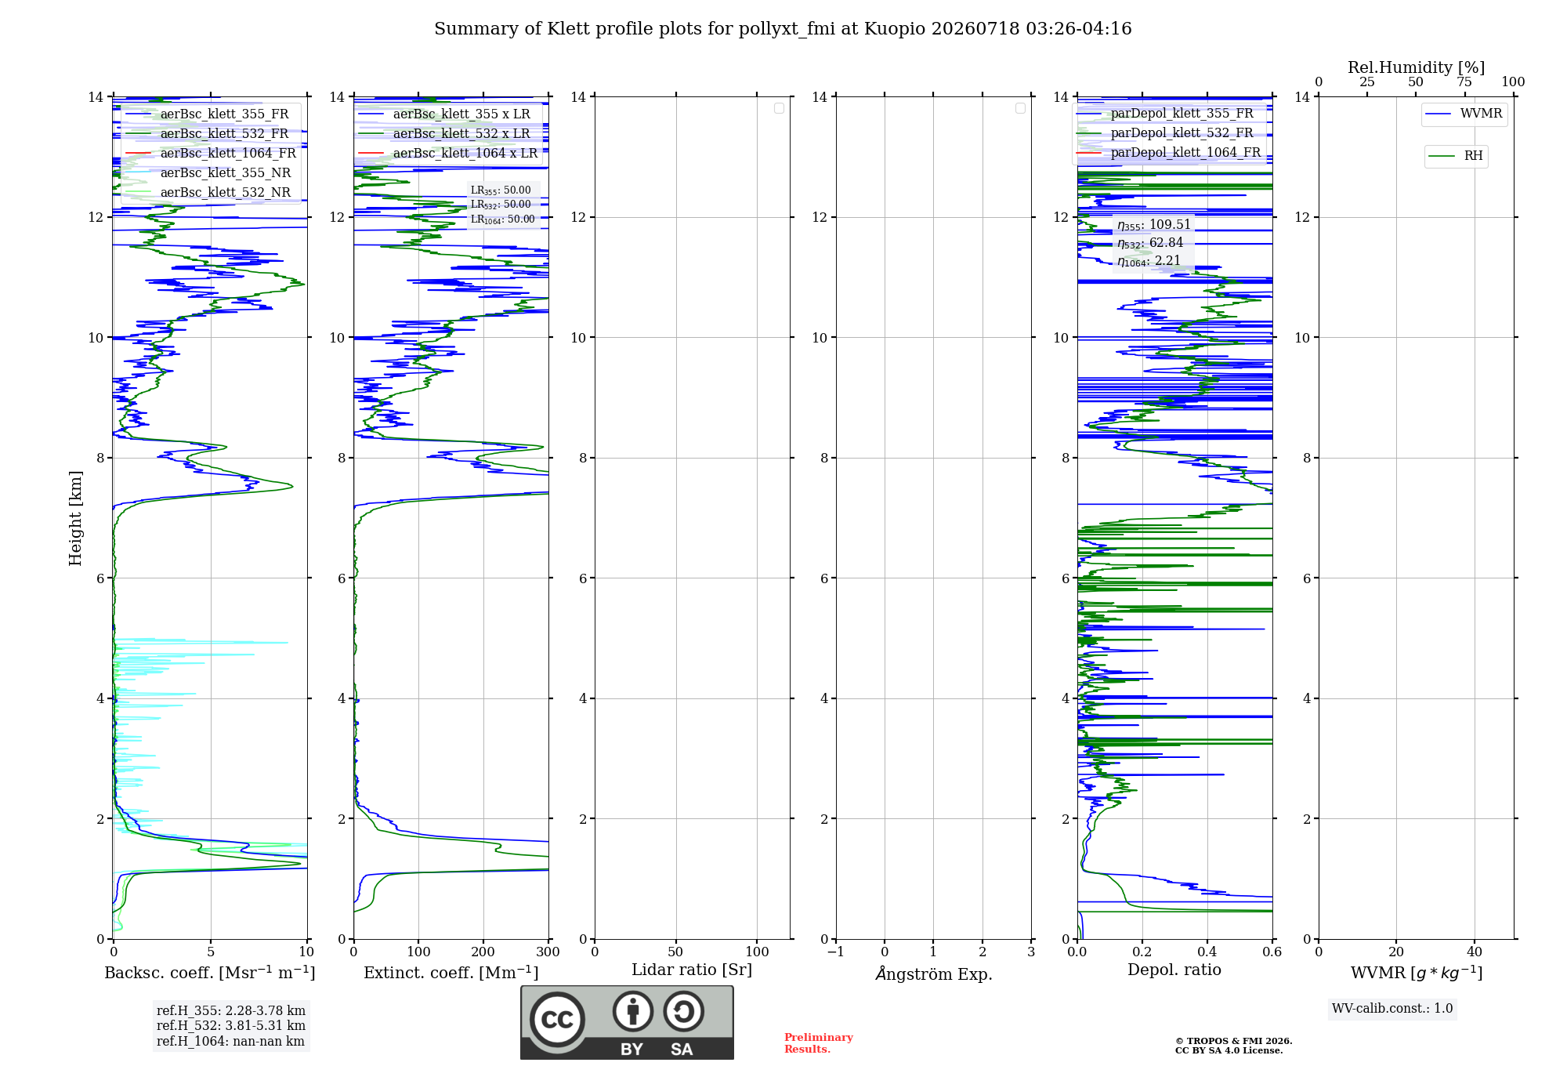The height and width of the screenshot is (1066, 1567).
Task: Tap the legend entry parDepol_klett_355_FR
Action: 1164,114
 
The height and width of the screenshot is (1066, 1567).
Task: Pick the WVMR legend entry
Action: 1464,114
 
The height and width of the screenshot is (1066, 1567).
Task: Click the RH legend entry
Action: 1456,156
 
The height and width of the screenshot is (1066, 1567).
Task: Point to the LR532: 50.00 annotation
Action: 501,205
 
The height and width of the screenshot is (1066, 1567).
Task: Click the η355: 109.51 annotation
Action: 1154,225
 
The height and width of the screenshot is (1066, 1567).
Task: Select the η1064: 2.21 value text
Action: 1149,261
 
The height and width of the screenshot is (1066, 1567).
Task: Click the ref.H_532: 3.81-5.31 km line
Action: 231,1025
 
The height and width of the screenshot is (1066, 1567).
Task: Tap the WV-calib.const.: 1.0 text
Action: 1392,1009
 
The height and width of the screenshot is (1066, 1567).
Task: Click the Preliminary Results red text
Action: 819,1043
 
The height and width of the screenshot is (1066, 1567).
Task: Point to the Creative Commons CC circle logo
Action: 557,1019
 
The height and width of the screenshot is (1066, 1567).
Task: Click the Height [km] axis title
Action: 75,518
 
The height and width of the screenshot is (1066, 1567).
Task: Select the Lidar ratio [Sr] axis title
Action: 692,970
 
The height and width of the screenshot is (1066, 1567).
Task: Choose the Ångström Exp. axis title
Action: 934,974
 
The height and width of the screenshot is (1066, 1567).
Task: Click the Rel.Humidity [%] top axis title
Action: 1417,67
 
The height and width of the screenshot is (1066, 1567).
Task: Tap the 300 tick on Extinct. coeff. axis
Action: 548,952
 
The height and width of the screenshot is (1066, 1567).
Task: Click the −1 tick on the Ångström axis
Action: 836,952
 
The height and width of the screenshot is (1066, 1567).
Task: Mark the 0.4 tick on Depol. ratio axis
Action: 1207,952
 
